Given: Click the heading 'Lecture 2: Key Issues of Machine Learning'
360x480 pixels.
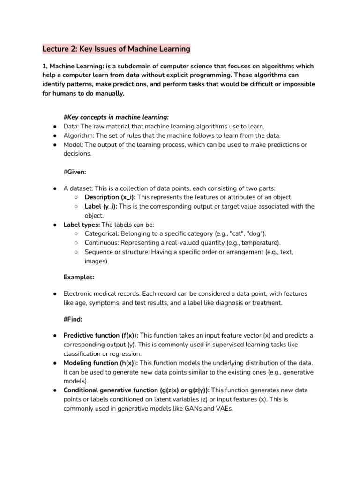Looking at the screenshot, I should [x=116, y=49].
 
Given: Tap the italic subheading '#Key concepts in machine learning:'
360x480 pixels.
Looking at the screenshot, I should [x=116, y=117].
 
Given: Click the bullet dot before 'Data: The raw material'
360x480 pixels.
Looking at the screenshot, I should [x=55, y=127].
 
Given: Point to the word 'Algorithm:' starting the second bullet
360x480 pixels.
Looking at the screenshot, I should [x=79, y=135].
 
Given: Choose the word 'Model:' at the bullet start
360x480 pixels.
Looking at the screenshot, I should [x=74, y=145].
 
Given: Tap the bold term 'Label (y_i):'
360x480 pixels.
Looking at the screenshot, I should [x=101, y=206].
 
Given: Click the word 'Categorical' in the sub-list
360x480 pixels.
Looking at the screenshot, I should [x=101, y=233].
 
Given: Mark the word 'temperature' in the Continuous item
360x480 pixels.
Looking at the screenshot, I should [x=260, y=243].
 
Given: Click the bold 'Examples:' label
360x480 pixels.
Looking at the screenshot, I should [x=79, y=277].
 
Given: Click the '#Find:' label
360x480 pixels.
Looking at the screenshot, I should [x=72, y=319].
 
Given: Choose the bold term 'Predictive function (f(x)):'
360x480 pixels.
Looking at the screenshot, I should [x=101, y=336].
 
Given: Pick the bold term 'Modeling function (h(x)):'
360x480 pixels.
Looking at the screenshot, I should [x=101, y=363].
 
